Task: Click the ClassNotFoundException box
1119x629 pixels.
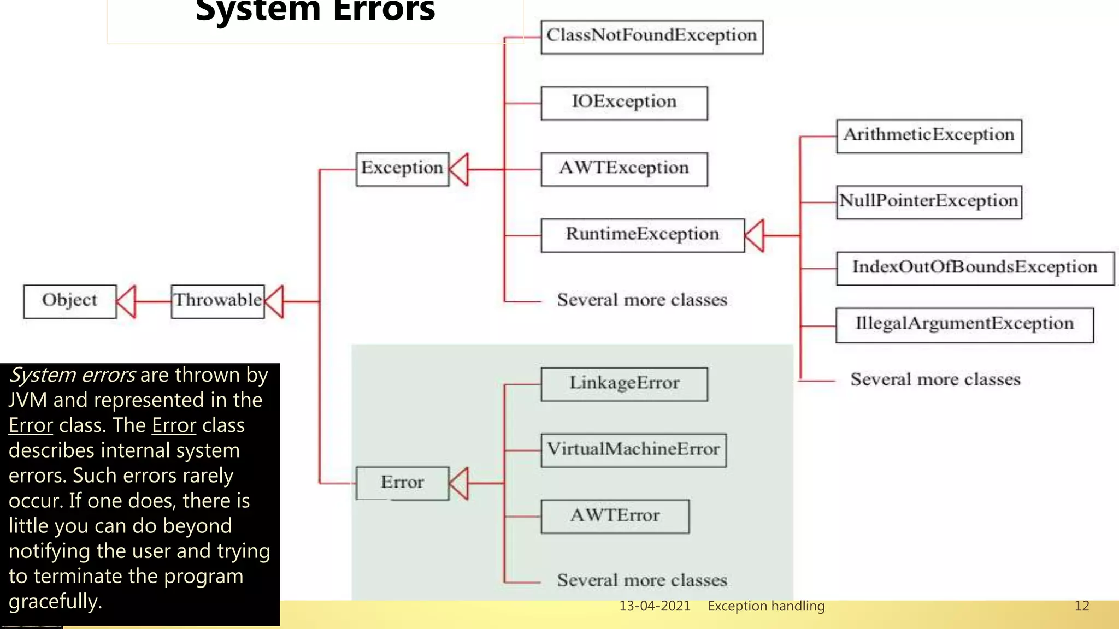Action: [x=651, y=37]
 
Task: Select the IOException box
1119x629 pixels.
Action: [x=624, y=103]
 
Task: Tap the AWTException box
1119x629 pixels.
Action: [x=624, y=169]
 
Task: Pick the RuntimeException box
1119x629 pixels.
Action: [x=642, y=235]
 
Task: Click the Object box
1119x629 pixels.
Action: [x=69, y=301]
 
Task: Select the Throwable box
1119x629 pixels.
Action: [x=217, y=301]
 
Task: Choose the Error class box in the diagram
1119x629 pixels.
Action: [x=402, y=483]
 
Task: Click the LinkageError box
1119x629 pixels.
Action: [x=624, y=384]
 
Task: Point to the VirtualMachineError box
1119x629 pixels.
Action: [x=633, y=450]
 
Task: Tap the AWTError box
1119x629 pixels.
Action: [x=615, y=516]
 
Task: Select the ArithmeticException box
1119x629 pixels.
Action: [x=928, y=135]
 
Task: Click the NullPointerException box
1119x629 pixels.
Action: [x=928, y=201]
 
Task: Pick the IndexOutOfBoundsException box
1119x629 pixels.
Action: [x=975, y=268]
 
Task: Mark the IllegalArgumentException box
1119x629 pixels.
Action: [x=964, y=324]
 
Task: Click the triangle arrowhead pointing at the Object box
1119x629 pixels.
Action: [x=127, y=301]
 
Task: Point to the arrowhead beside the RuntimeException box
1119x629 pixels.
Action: [x=755, y=235]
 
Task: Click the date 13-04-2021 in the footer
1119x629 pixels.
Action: [x=655, y=606]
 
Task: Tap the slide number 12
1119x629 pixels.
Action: [x=1081, y=606]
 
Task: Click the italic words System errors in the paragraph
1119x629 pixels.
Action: [x=72, y=375]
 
